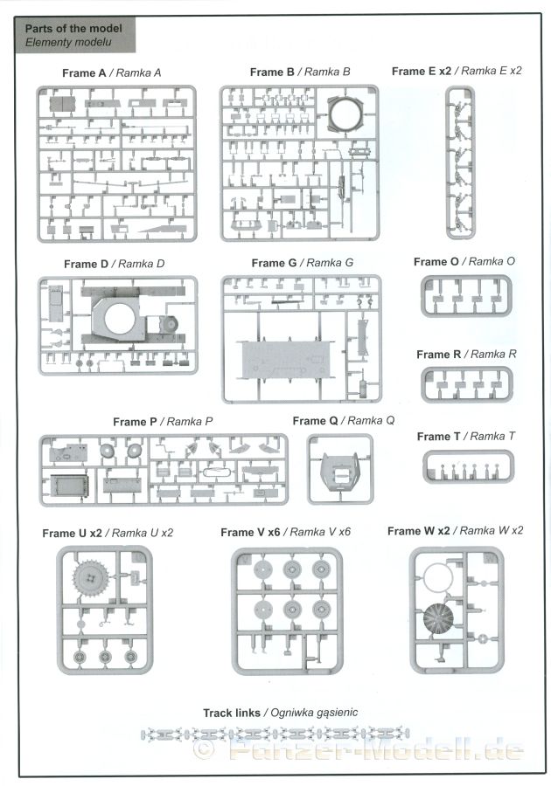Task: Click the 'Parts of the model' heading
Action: click(x=73, y=29)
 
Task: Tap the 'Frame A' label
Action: click(x=84, y=73)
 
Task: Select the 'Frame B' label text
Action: click(x=272, y=72)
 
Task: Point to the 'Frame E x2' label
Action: click(x=422, y=72)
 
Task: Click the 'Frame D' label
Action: click(x=86, y=264)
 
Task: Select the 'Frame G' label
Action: click(x=274, y=263)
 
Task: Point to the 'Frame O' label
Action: click(x=436, y=262)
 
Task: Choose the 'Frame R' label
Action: click(x=438, y=355)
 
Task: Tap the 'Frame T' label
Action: click(x=438, y=437)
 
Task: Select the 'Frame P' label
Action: click(x=135, y=422)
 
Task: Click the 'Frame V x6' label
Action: click(x=250, y=533)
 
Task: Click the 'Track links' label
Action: click(x=232, y=713)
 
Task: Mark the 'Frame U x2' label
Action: click(x=72, y=534)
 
